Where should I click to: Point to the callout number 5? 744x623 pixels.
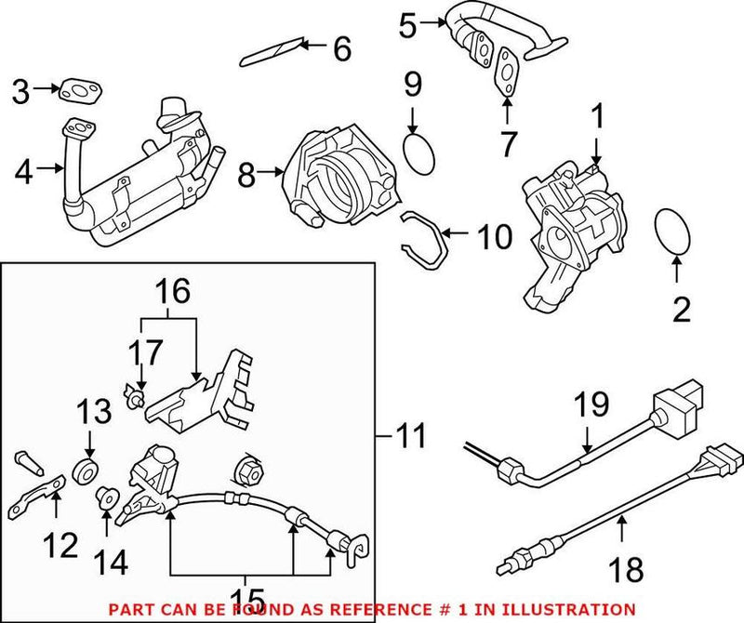coord(406,24)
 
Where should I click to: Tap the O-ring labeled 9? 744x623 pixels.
coord(419,152)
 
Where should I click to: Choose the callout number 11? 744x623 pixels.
coord(410,435)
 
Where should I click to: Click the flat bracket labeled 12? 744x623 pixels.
coord(38,497)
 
